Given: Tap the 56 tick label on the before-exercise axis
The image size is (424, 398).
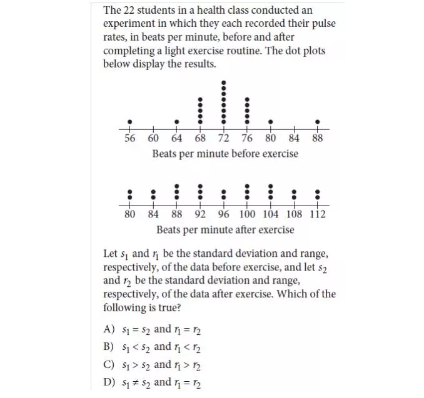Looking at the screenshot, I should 129,139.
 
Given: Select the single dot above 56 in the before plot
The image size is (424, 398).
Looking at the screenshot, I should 129,122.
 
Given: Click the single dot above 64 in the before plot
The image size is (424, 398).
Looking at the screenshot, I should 177,122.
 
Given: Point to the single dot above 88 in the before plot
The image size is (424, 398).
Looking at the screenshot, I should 318,122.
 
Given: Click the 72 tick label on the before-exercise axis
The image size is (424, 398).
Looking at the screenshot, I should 224,139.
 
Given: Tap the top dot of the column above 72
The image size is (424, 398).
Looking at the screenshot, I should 224,83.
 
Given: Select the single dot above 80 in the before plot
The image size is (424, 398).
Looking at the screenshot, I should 271,122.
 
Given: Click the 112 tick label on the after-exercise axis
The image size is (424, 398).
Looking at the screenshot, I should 318,215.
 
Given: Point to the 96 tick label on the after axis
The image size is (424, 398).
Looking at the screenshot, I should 223,215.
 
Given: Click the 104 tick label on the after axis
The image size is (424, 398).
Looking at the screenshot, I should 271,215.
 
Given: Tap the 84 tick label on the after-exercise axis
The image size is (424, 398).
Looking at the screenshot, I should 153,215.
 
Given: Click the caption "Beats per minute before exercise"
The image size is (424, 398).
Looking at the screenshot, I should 225,154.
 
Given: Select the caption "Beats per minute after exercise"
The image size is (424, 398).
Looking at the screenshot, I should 225,230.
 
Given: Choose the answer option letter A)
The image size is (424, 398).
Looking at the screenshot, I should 108,329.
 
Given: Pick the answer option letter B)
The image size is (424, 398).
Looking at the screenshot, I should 108,347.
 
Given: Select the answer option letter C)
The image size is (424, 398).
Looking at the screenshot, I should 108,365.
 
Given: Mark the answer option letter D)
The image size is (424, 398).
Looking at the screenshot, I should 108,382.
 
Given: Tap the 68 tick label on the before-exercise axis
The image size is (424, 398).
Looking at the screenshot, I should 200,139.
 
